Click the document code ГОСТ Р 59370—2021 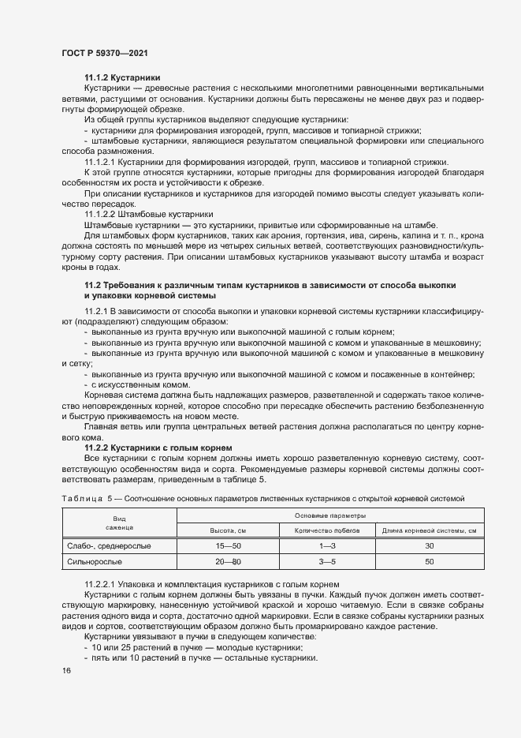point(104,52)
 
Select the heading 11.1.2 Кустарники point(122,77)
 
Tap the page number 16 point(66,670)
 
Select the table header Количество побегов point(327,530)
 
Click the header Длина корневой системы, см point(429,530)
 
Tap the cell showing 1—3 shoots point(327,545)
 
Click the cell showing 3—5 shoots point(327,561)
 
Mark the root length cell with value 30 point(430,545)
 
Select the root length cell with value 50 point(430,561)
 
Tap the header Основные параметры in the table point(327,515)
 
